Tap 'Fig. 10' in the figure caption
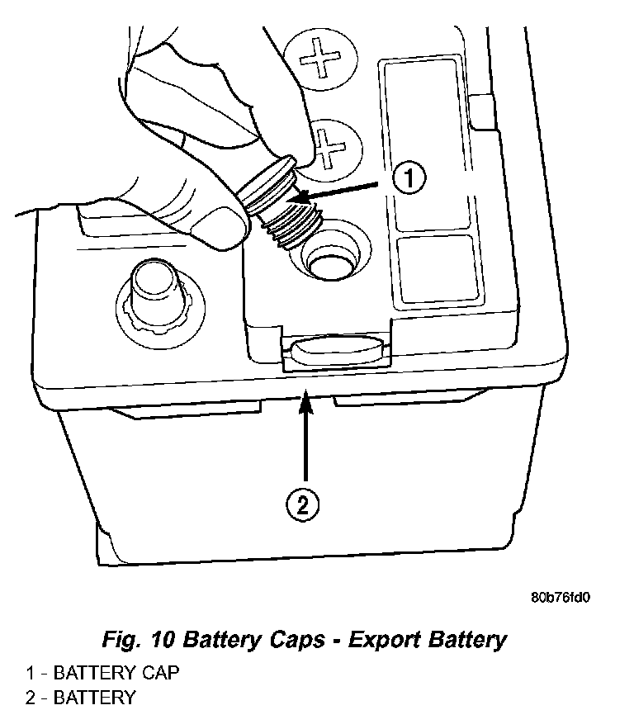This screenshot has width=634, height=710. [x=139, y=640]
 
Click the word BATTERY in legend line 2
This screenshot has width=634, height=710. [x=94, y=698]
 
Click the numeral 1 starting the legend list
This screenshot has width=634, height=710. [x=30, y=673]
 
